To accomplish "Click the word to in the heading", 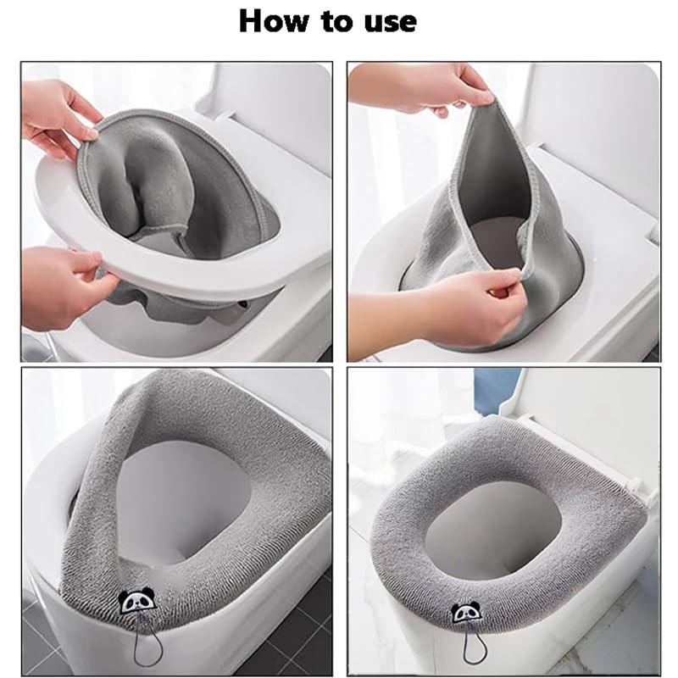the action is coord(338,22).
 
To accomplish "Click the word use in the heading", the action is coord(391,24).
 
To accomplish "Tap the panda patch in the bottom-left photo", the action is coord(136,600).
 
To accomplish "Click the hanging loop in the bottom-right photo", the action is coord(475,647).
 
